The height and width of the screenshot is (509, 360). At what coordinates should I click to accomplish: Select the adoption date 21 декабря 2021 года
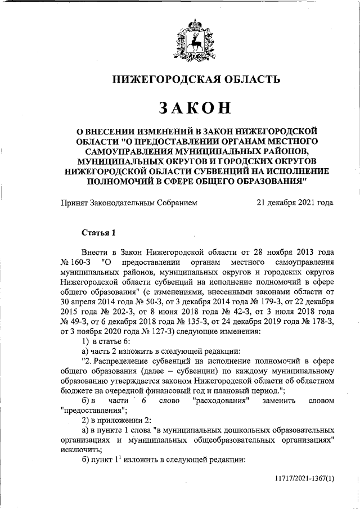tap(294, 203)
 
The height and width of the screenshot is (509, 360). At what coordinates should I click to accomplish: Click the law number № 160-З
tap(75, 262)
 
